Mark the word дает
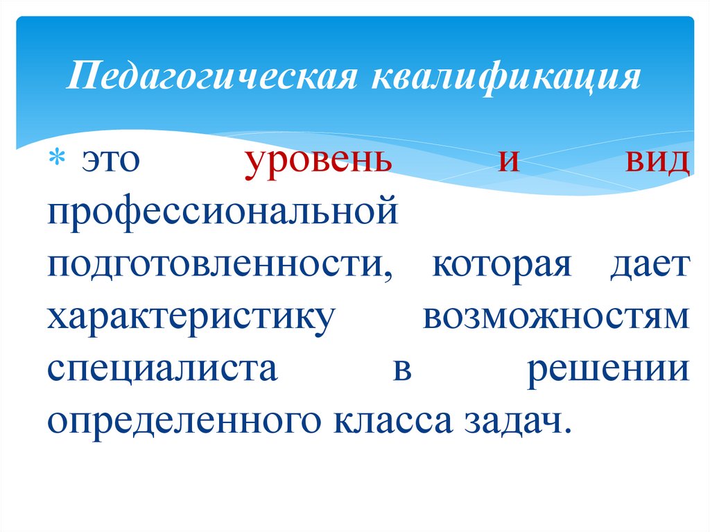tap(650, 265)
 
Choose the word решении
tap(607, 369)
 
